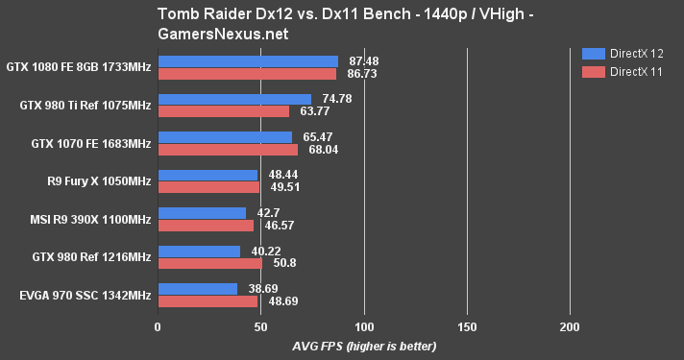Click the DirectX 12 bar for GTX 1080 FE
pos(248,61)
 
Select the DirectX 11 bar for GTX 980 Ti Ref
pos(223,111)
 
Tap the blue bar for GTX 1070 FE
pos(225,137)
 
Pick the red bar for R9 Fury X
pos(208,187)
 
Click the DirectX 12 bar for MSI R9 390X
pos(202,213)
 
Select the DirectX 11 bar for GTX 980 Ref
pos(209,263)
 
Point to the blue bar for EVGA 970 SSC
pos(197,289)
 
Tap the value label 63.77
pos(315,111)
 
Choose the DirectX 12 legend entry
pos(625,55)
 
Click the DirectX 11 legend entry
pos(625,72)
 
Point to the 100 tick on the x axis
pos(363,326)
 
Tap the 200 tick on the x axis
pos(570,326)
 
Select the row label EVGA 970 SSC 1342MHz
pos(78,295)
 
